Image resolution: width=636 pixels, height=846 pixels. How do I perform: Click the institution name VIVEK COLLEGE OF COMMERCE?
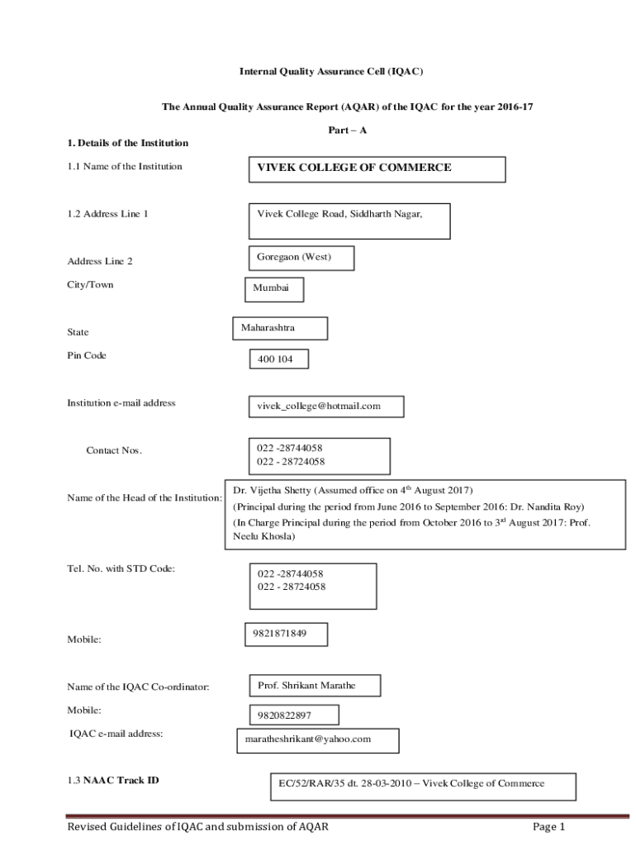[354, 168]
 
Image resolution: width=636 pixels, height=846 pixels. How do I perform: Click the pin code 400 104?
[269, 359]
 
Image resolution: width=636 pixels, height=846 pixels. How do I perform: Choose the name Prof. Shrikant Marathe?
[306, 686]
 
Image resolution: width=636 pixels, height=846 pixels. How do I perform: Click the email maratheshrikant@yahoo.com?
[308, 739]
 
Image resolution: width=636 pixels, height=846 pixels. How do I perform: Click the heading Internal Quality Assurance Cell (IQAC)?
[330, 72]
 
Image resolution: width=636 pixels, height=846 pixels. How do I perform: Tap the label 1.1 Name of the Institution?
[125, 166]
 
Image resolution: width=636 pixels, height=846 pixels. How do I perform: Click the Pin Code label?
[87, 355]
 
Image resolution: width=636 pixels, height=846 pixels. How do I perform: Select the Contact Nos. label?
[114, 450]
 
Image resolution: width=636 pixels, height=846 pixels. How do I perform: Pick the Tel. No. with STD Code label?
[121, 568]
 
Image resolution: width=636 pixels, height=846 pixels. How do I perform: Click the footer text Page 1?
[548, 827]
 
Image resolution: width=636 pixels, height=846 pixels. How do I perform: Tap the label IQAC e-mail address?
[116, 733]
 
